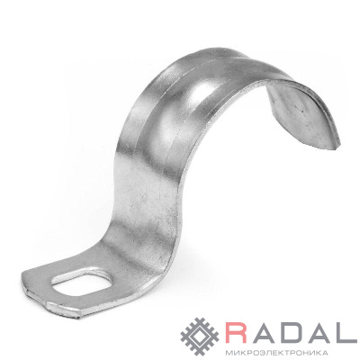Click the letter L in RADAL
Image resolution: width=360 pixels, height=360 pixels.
click(x=346, y=332)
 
